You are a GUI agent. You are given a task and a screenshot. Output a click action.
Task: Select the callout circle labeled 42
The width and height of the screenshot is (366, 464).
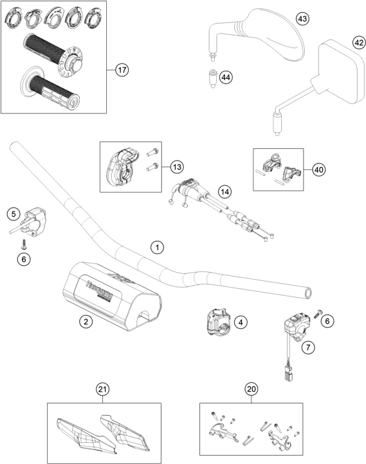[x=358, y=43]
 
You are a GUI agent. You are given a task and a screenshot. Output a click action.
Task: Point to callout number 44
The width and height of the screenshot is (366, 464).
[x=225, y=77]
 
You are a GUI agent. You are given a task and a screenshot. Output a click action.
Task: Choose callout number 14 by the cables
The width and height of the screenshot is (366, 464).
[x=224, y=191]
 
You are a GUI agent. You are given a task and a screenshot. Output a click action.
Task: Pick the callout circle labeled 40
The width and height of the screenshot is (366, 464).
[x=317, y=169]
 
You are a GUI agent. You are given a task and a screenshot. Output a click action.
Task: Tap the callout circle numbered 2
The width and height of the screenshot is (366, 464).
[x=84, y=320]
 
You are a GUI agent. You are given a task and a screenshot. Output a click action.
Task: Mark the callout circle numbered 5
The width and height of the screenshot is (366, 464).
[x=14, y=214]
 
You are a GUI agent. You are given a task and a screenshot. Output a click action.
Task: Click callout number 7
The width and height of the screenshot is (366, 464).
[x=309, y=347]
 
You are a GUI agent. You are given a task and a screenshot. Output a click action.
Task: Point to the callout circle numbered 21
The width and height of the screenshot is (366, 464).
[x=101, y=389]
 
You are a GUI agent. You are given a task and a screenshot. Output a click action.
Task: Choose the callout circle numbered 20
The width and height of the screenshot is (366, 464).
[x=251, y=389]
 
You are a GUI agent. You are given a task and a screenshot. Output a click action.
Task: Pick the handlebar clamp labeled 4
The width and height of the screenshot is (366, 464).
[x=215, y=322]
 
